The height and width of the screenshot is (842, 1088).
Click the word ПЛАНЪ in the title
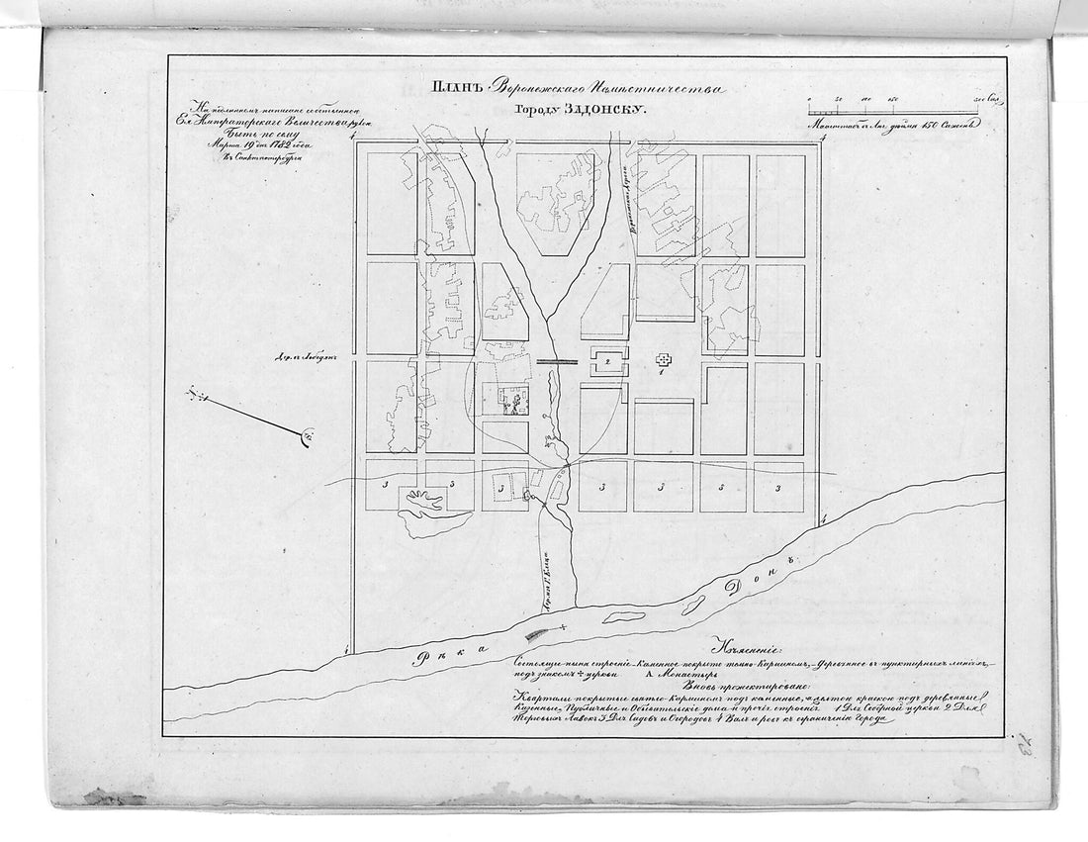[x=456, y=90]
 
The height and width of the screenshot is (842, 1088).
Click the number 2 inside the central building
[x=607, y=362]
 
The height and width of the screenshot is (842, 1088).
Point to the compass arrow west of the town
[x=247, y=413]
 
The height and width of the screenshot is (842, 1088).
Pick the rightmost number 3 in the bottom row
[x=778, y=488]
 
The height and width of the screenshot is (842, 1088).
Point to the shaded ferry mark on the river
[x=538, y=633]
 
